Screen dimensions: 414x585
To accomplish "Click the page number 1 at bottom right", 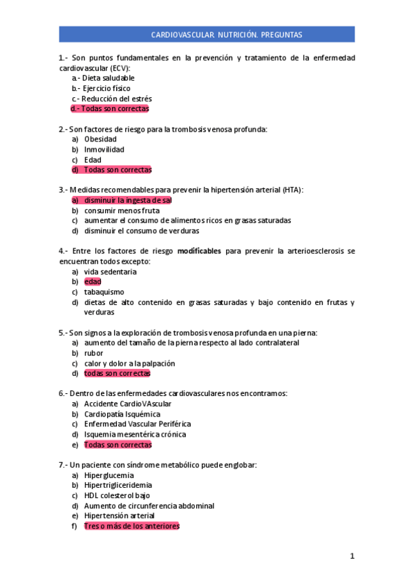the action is point(352,556).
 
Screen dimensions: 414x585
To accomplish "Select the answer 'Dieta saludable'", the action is point(109,78).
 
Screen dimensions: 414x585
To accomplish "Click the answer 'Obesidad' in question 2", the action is point(100,139).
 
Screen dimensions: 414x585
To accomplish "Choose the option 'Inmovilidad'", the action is point(104,149).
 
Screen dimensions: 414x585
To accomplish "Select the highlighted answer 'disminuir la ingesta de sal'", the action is point(128,200).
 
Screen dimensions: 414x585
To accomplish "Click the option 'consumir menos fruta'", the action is point(122,210).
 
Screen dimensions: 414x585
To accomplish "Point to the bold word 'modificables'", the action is point(199,251).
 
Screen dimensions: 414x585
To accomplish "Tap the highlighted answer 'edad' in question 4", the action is point(93,281).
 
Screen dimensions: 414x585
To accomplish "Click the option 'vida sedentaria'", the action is point(111,272).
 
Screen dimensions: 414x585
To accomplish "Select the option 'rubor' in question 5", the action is point(93,353).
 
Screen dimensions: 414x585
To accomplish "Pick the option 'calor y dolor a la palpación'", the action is point(129,363).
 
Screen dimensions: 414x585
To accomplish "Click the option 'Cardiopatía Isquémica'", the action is point(122,414).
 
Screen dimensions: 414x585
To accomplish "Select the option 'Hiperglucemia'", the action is point(109,475).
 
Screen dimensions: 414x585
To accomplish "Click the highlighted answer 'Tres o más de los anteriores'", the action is point(131,526).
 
